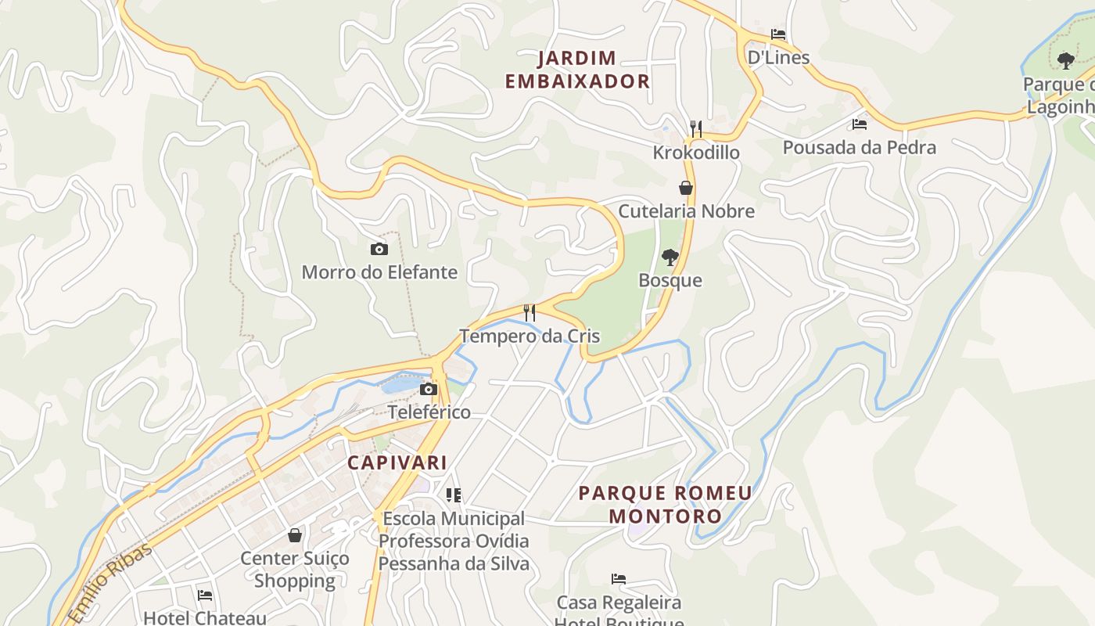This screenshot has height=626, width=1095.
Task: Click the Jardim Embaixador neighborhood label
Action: pyautogui.click(x=577, y=70)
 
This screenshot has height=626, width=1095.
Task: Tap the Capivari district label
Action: pyautogui.click(x=397, y=462)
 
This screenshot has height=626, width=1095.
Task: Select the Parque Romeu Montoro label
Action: pyautogui.click(x=665, y=505)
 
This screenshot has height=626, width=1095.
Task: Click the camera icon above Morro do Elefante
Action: pyautogui.click(x=379, y=250)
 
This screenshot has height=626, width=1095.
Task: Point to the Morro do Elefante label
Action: pyautogui.click(x=379, y=272)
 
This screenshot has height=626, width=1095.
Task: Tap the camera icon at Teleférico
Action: pyautogui.click(x=429, y=390)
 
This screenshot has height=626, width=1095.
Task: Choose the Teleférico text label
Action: pyautogui.click(x=429, y=412)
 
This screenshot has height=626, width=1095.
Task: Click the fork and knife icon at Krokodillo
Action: pyautogui.click(x=696, y=128)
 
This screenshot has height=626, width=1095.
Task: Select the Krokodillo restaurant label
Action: pyautogui.click(x=696, y=153)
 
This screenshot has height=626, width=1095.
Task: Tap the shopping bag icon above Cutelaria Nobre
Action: pyautogui.click(x=686, y=188)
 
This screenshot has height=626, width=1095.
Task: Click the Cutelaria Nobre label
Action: pyautogui.click(x=686, y=211)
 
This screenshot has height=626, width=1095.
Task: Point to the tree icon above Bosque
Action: pyautogui.click(x=670, y=257)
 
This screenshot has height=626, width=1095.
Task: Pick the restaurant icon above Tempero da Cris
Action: pyautogui.click(x=530, y=313)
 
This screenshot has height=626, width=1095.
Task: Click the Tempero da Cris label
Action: pyautogui.click(x=530, y=336)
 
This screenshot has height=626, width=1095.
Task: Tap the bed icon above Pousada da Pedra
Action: pyautogui.click(x=860, y=124)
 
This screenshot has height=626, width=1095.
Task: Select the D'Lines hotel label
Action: pyautogui.click(x=778, y=57)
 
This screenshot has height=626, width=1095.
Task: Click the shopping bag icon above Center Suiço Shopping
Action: pyautogui.click(x=295, y=535)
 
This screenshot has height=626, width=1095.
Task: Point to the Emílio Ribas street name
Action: pyautogui.click(x=109, y=583)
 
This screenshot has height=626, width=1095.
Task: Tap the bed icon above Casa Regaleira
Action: pyautogui.click(x=619, y=579)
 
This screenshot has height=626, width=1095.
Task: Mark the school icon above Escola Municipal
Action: pyautogui.click(x=454, y=495)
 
